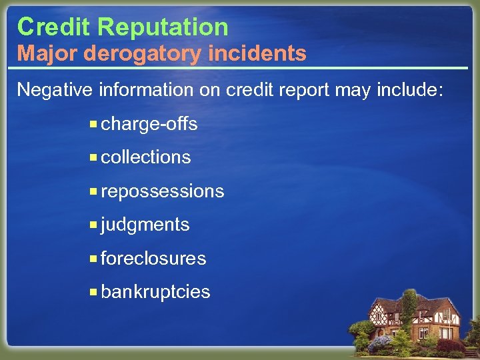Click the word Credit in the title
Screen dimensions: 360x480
coord(54,27)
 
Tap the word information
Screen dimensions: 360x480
coord(149,89)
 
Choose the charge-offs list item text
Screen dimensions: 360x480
coord(149,125)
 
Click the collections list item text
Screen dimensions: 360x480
coord(146,157)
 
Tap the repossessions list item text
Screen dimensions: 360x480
coord(163,192)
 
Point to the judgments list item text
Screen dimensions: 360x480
coord(145,225)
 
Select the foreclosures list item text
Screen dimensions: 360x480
coord(153,258)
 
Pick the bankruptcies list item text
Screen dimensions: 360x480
coord(155,292)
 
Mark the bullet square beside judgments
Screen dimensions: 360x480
coord(94,225)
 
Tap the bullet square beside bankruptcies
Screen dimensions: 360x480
coord(94,291)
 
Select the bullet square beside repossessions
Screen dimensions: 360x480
coord(94,191)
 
